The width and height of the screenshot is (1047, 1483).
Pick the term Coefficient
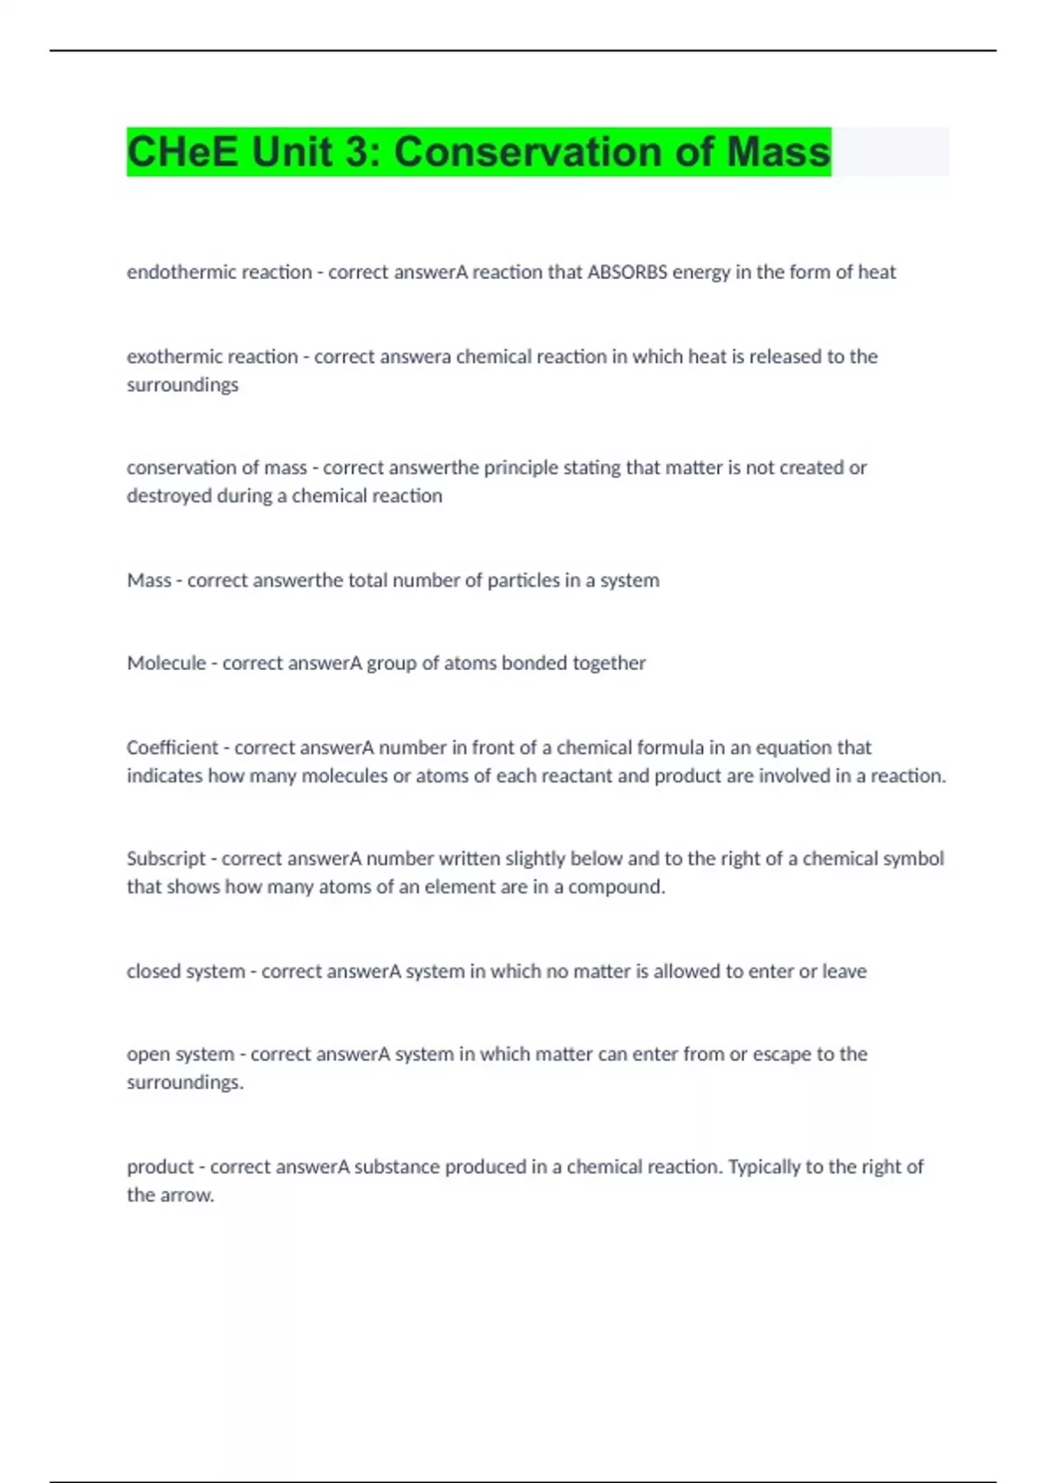(x=172, y=748)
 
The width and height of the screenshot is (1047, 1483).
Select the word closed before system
(x=154, y=971)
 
